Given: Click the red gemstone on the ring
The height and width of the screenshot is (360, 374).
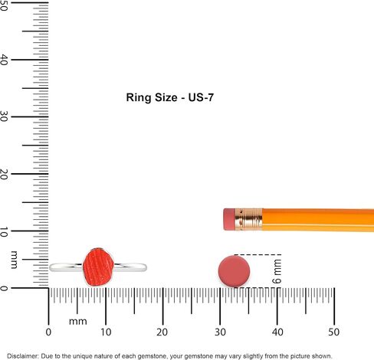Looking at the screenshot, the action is pyautogui.click(x=98, y=267).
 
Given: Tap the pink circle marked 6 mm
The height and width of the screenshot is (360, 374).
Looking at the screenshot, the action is pyautogui.click(x=234, y=271).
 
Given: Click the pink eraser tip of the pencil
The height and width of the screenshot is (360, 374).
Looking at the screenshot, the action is pyautogui.click(x=229, y=219).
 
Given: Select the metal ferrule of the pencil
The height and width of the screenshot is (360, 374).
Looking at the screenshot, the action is pyautogui.click(x=248, y=220).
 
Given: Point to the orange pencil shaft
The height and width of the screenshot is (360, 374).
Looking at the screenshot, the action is pyautogui.click(x=318, y=220).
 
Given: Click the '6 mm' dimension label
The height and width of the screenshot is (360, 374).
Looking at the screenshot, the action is pyautogui.click(x=277, y=271).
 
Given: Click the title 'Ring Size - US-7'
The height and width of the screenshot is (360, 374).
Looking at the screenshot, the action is pyautogui.click(x=170, y=97).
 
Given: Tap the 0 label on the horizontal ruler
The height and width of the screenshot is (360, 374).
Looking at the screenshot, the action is pyautogui.click(x=48, y=332).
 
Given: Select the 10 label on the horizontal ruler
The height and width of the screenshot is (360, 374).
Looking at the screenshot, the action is pyautogui.click(x=106, y=332).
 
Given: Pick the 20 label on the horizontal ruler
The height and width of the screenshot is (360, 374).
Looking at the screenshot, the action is pyautogui.click(x=162, y=332).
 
